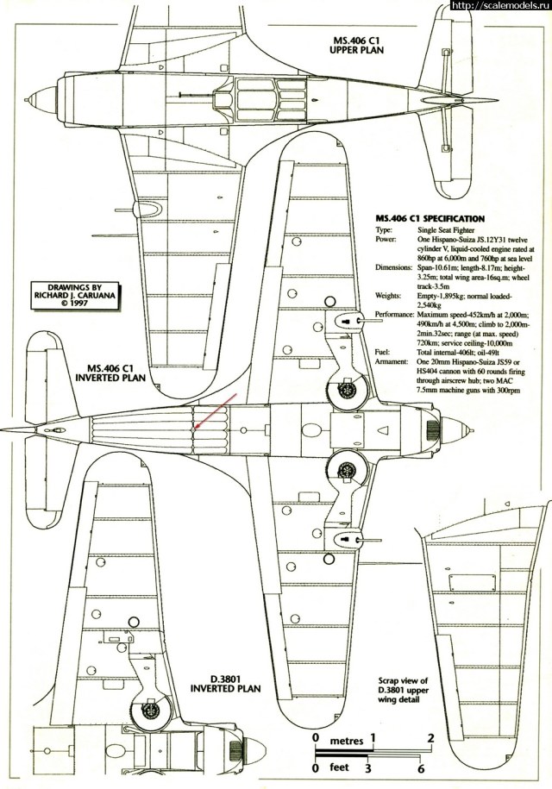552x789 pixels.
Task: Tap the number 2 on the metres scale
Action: tap(430, 738)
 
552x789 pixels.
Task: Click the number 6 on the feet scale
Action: tap(420, 768)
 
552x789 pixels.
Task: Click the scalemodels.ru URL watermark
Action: tap(499, 6)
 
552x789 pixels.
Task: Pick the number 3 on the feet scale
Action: tap(368, 768)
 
